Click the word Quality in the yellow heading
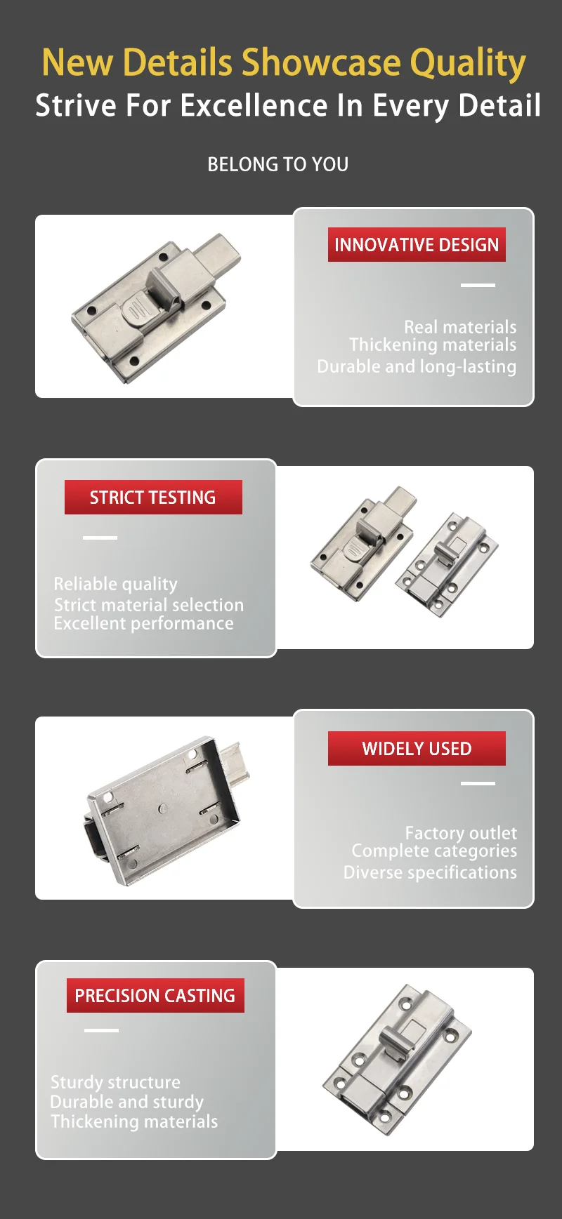click(x=467, y=63)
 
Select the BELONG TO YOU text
click(x=277, y=164)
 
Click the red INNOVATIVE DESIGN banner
click(x=416, y=245)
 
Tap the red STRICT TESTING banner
click(x=153, y=498)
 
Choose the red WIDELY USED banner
click(x=416, y=749)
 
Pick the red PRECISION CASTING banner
click(x=155, y=996)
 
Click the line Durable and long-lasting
click(x=417, y=366)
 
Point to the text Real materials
click(x=459, y=327)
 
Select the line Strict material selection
click(x=149, y=604)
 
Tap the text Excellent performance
click(x=143, y=623)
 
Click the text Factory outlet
click(x=460, y=833)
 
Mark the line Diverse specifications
click(x=430, y=872)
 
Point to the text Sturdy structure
click(x=115, y=1082)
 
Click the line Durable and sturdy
click(x=126, y=1102)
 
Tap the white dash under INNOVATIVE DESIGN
click(x=478, y=285)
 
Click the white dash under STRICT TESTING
click(x=100, y=538)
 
